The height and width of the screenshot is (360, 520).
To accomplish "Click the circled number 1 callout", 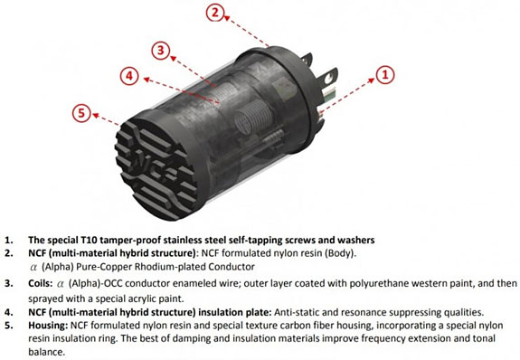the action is (x=384, y=75).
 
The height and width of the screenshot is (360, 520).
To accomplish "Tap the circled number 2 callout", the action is (x=214, y=12).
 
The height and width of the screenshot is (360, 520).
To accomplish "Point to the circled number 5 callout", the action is (x=82, y=112).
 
